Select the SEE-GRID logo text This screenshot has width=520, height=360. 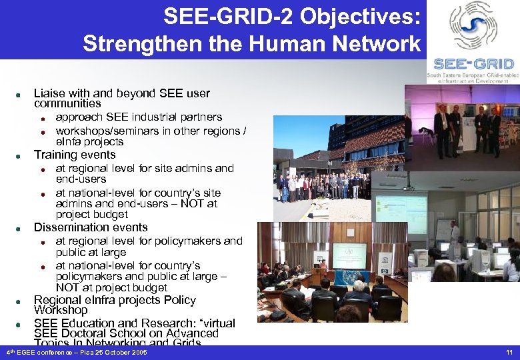coord(474,64)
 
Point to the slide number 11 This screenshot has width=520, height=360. coord(509,351)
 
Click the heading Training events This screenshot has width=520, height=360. coord(75,155)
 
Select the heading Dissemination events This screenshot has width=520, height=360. coord(91,227)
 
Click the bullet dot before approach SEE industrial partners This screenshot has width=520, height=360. coord(41,119)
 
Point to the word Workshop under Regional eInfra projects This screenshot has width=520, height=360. coord(61,310)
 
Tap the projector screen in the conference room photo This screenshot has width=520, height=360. coord(349,254)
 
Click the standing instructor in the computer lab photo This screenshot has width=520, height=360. coord(454,235)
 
